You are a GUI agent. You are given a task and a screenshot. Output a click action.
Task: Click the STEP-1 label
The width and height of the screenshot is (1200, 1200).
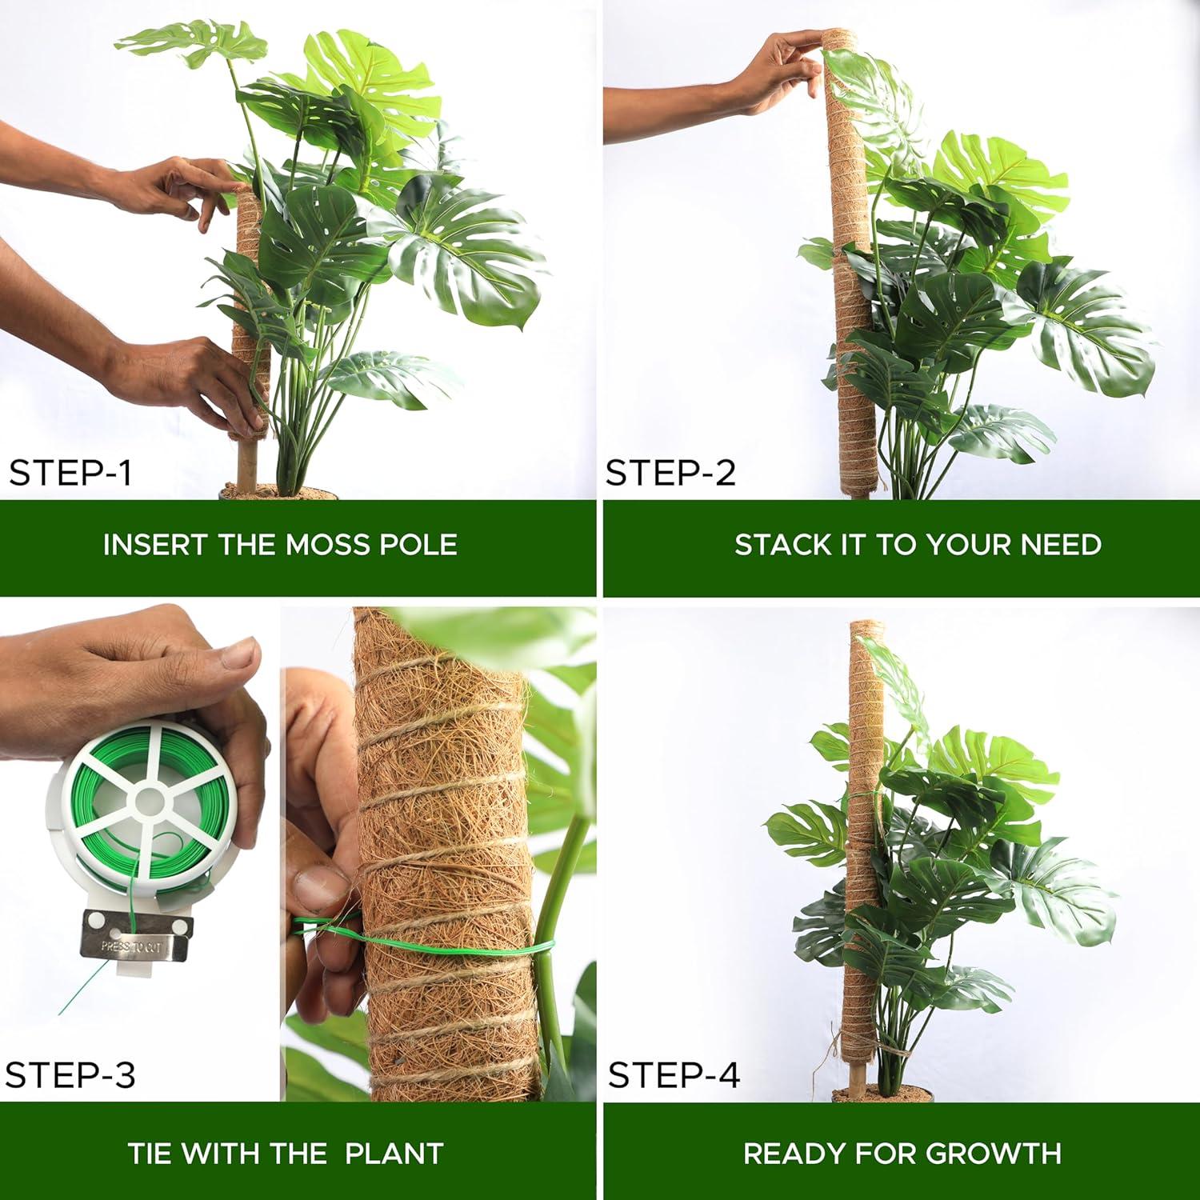[x=70, y=473]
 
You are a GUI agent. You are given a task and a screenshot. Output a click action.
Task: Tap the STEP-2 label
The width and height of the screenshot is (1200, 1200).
[x=670, y=473]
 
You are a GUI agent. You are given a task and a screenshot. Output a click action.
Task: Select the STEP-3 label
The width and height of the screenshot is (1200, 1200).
[x=70, y=1074]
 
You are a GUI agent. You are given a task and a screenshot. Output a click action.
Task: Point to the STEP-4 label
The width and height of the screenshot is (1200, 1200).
[x=674, y=1074]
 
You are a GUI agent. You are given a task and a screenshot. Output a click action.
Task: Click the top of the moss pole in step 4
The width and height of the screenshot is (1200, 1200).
[x=862, y=624]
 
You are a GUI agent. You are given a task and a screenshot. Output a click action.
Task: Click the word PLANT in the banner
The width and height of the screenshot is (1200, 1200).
[x=394, y=1154]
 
